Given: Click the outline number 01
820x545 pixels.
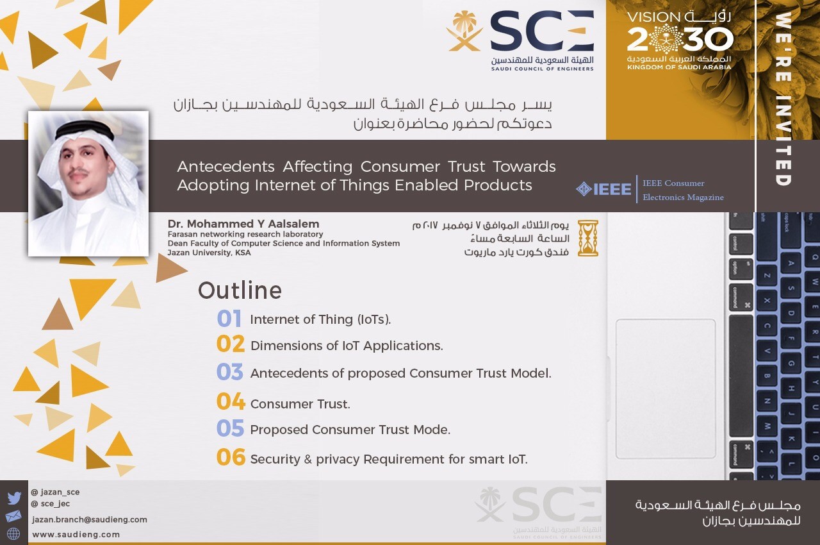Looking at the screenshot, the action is pyautogui.click(x=229, y=318).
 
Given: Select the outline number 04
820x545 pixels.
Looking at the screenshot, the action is pyautogui.click(x=231, y=401).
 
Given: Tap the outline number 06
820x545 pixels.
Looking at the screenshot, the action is pyautogui.click(x=231, y=457).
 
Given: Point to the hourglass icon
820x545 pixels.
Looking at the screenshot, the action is pyautogui.click(x=588, y=238).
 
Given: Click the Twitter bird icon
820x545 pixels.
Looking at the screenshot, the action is pyautogui.click(x=14, y=498).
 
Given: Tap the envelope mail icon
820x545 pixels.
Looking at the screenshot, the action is pyautogui.click(x=13, y=516).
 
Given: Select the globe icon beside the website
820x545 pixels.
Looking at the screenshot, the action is pyautogui.click(x=13, y=533).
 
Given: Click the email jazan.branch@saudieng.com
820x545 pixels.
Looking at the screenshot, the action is pyautogui.click(x=89, y=519).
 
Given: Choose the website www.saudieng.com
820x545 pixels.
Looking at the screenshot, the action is pyautogui.click(x=76, y=534).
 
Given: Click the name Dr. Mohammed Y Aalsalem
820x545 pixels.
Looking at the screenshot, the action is pyautogui.click(x=243, y=224).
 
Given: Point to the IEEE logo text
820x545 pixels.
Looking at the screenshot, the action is pyautogui.click(x=612, y=189).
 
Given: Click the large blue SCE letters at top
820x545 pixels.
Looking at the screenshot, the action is pyautogui.click(x=542, y=31).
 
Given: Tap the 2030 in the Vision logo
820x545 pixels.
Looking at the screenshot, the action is pyautogui.click(x=680, y=39).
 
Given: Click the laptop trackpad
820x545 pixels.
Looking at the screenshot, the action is pyautogui.click(x=666, y=389).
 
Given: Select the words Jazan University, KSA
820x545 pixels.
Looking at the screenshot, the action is pyautogui.click(x=209, y=253).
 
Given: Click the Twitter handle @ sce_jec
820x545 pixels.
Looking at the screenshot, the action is pyautogui.click(x=51, y=503).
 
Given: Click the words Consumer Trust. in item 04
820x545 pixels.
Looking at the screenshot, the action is pyautogui.click(x=300, y=404).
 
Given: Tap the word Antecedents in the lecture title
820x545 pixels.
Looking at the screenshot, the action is pyautogui.click(x=226, y=167).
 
